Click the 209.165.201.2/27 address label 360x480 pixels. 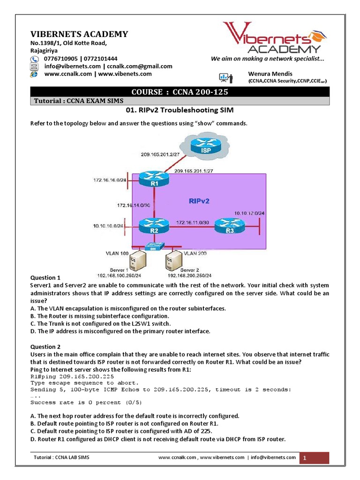point(160,154)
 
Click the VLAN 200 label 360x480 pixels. point(195,253)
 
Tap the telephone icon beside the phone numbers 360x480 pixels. point(35,59)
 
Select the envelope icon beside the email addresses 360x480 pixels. point(35,67)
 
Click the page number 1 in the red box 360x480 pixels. point(304,458)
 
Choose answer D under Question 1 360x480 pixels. point(120,331)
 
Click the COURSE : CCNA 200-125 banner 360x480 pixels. point(180,92)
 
